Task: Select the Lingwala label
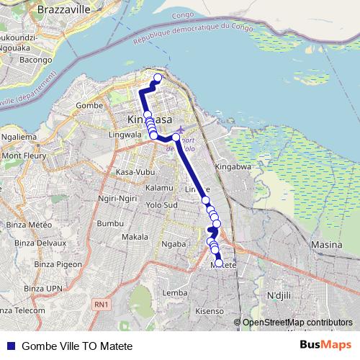124,135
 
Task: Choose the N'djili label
282,296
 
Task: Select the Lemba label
176,293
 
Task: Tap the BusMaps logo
326,346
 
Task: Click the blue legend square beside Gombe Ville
11,346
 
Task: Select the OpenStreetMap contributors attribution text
297,323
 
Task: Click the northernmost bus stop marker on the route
158,77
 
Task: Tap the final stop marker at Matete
219,263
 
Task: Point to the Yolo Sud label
161,204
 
